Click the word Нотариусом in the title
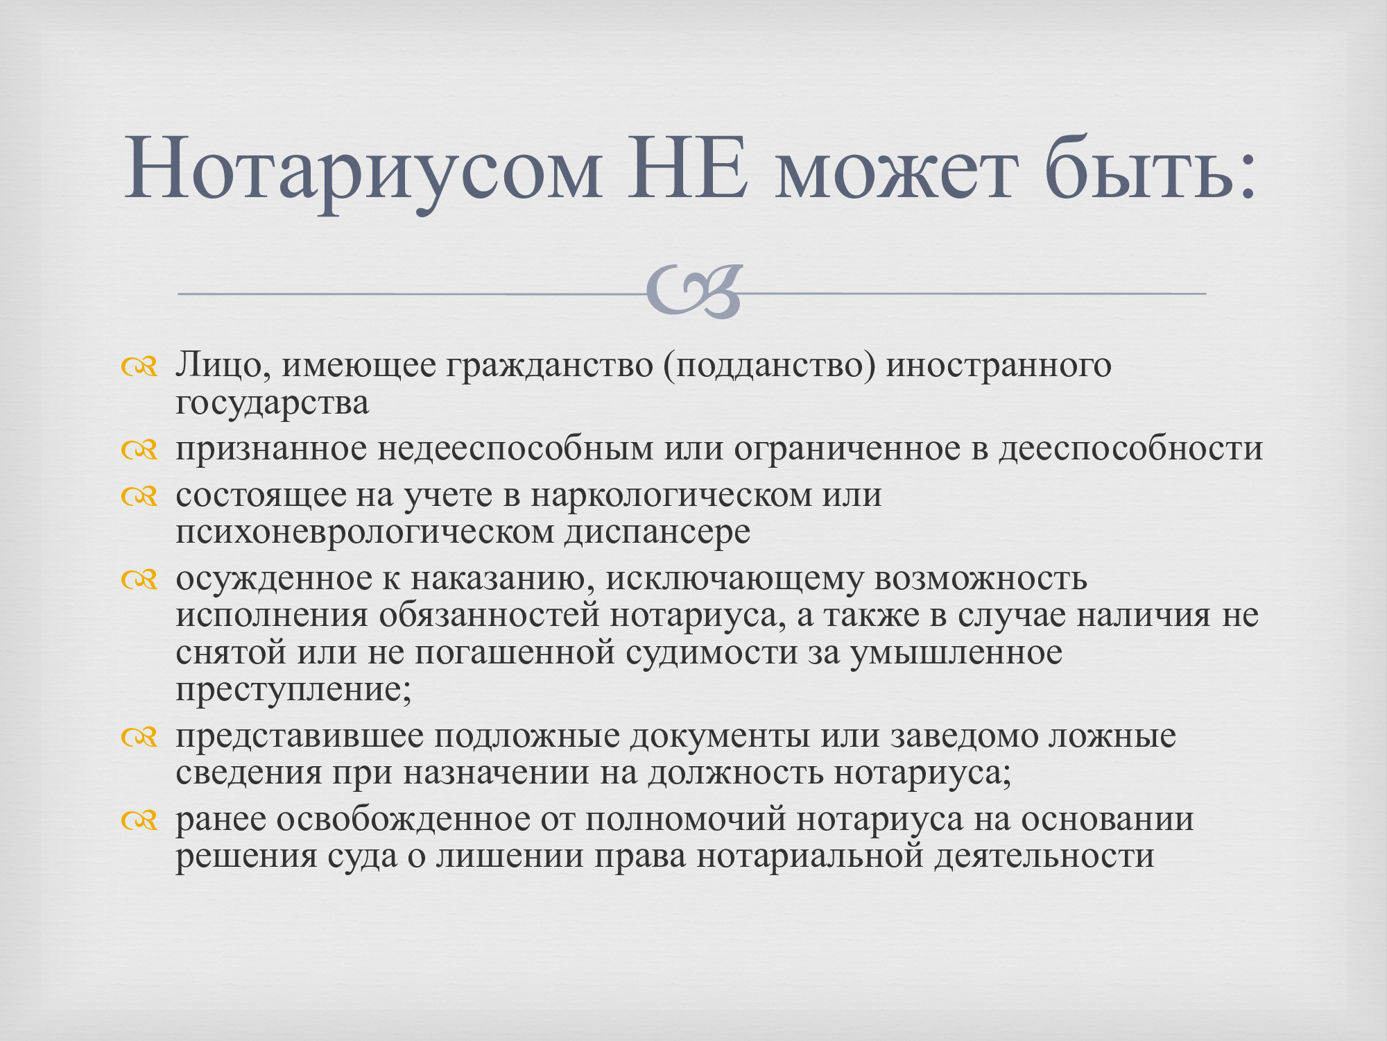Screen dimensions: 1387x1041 (x=363, y=171)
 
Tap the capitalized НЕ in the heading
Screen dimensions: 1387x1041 (x=687, y=169)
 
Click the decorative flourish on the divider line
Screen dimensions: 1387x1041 (x=694, y=291)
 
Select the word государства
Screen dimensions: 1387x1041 (x=272, y=403)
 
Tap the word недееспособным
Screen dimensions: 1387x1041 (x=515, y=448)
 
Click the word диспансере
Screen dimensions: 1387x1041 (x=657, y=533)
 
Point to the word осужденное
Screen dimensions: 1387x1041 (x=274, y=579)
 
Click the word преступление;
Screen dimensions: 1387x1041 (x=293, y=690)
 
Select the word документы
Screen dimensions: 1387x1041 (x=720, y=736)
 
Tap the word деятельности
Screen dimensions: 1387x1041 (x=1044, y=856)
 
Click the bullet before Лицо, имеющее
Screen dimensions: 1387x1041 (x=139, y=366)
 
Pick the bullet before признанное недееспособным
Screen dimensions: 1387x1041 (x=139, y=450)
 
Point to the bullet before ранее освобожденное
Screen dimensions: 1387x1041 (x=139, y=820)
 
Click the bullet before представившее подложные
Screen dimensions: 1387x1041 (x=139, y=737)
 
